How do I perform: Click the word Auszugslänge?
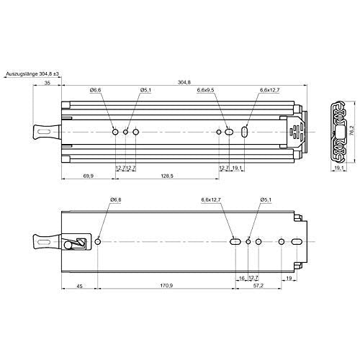22,74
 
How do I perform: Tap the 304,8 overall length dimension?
184,82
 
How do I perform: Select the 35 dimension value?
48,83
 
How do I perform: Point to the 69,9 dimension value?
89,176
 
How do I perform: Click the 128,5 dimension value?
167,176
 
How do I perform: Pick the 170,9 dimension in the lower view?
166,286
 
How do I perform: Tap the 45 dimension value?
79,286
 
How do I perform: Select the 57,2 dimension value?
258,286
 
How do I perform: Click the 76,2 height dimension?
351,132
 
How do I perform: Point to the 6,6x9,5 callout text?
205,90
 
